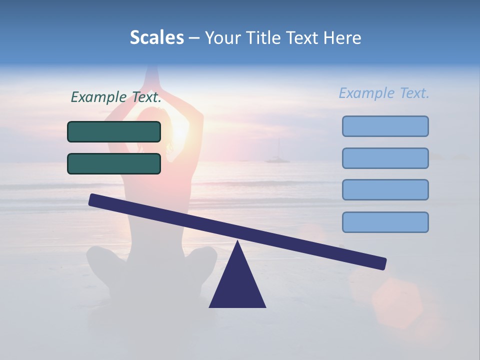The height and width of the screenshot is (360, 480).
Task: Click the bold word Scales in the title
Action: click(156, 37)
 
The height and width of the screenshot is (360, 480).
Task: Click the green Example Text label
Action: click(116, 97)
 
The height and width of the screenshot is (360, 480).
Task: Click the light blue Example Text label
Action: click(384, 93)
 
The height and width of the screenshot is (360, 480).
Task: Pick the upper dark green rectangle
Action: click(114, 131)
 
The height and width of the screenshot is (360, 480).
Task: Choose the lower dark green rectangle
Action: click(114, 163)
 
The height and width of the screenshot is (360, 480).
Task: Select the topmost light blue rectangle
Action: click(385, 126)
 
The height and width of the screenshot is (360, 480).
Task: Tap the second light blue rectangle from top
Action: click(385, 158)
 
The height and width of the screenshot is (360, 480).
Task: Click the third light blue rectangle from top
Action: click(385, 190)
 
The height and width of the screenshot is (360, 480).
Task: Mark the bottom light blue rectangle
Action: click(385, 222)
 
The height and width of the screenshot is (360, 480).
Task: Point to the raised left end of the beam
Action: click(93, 200)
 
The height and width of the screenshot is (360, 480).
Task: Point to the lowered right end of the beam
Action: click(382, 263)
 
